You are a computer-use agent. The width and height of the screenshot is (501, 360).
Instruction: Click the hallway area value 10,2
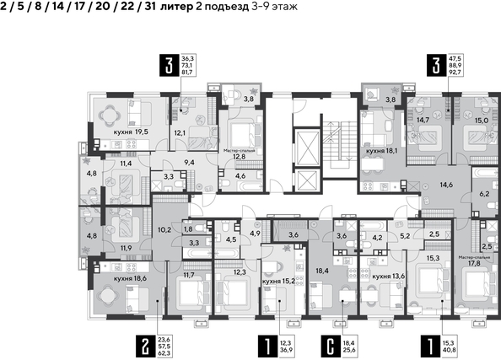tap(164, 228)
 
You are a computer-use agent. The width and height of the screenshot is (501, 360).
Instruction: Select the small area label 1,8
tap(189, 228)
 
